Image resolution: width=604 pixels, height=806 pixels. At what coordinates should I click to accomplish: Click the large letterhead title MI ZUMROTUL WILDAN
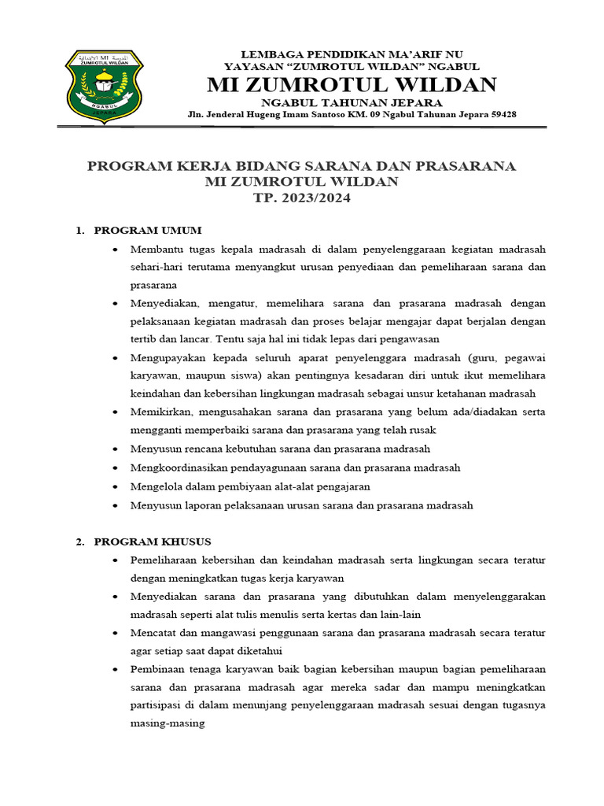pyautogui.click(x=352, y=84)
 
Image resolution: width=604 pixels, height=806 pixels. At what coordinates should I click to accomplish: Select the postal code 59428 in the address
pyautogui.click(x=502, y=114)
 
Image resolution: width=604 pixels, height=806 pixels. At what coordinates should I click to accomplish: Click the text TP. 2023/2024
pyautogui.click(x=301, y=198)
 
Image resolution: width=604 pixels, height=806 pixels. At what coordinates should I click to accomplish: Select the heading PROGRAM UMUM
pyautogui.click(x=148, y=231)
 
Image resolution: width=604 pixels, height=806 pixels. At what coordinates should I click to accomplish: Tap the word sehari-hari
pyautogui.click(x=155, y=267)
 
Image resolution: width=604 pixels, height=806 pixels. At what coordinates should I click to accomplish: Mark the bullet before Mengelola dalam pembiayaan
pyautogui.click(x=116, y=487)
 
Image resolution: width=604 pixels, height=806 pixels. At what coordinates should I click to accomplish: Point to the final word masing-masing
pyautogui.click(x=168, y=723)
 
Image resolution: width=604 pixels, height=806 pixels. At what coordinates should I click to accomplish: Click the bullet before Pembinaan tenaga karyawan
pyautogui.click(x=116, y=669)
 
